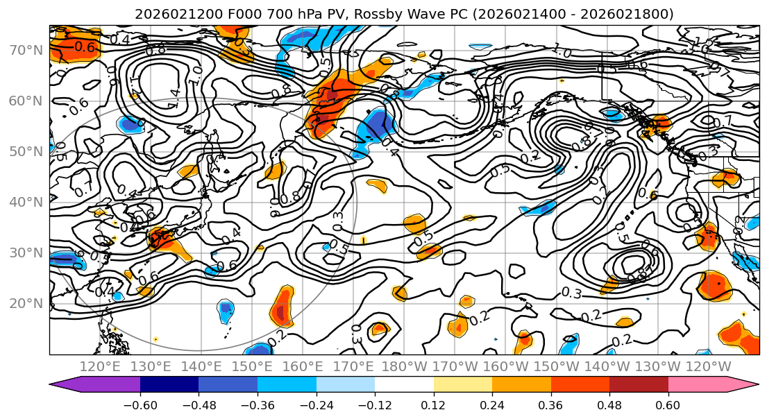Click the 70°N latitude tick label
pos(25,50)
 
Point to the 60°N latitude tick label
pos(25,101)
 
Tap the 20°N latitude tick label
pos(25,303)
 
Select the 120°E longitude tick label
pos(100,366)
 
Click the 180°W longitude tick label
pos(405,366)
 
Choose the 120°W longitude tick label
pos(709,366)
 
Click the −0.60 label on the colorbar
pos(140,404)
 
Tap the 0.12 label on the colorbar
pos(434,404)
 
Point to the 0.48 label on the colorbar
pos(609,404)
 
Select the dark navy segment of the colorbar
pos(169,385)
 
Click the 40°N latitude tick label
pos(25,202)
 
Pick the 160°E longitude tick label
pos(303,366)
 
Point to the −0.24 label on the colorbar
pos(316,404)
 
